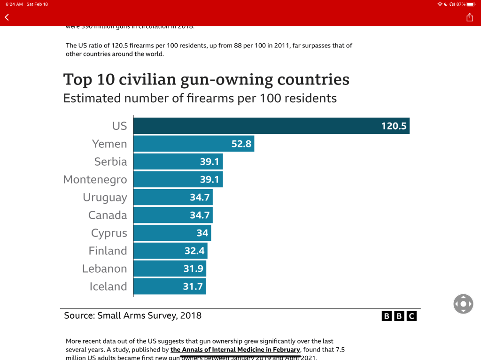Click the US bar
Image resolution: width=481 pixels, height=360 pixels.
click(x=271, y=126)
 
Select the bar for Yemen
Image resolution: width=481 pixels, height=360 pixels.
click(x=194, y=144)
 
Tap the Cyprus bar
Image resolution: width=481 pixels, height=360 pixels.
click(x=172, y=233)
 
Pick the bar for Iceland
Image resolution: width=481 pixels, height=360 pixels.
click(x=169, y=286)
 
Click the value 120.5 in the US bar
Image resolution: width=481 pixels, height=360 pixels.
click(x=394, y=126)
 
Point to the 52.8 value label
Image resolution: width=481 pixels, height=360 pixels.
click(x=241, y=144)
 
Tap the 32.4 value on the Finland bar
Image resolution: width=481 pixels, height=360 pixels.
click(x=194, y=251)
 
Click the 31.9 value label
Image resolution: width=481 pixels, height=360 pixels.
click(x=193, y=268)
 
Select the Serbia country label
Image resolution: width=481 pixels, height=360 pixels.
click(x=110, y=161)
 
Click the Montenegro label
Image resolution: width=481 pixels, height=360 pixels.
click(x=95, y=179)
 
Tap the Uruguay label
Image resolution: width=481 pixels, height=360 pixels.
click(x=105, y=197)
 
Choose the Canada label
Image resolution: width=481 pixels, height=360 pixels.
click(x=108, y=215)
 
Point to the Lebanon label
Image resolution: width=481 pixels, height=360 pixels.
click(x=104, y=268)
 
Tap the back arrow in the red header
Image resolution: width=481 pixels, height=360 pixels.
click(x=7, y=17)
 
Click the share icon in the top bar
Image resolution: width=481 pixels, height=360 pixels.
click(x=470, y=17)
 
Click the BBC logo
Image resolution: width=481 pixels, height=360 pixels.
click(x=399, y=316)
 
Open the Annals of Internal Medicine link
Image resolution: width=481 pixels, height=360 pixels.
click(x=235, y=350)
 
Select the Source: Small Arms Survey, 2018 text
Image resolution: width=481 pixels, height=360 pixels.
click(x=132, y=315)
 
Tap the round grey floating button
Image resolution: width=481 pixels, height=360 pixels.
click(x=463, y=304)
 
